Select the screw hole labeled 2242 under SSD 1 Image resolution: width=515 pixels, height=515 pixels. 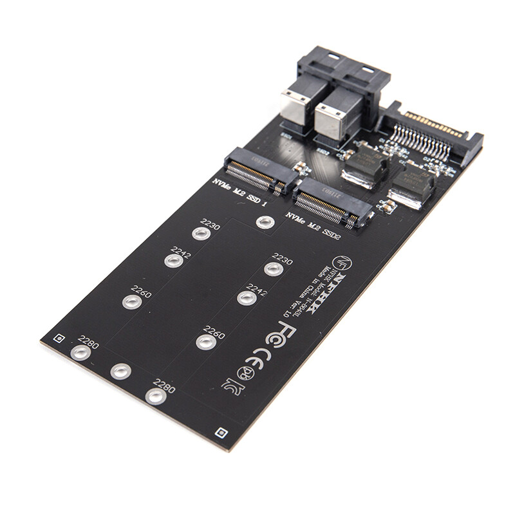173,261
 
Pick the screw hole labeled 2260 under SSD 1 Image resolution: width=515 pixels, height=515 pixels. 133,302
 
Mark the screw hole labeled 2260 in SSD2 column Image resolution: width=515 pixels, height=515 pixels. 205,341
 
